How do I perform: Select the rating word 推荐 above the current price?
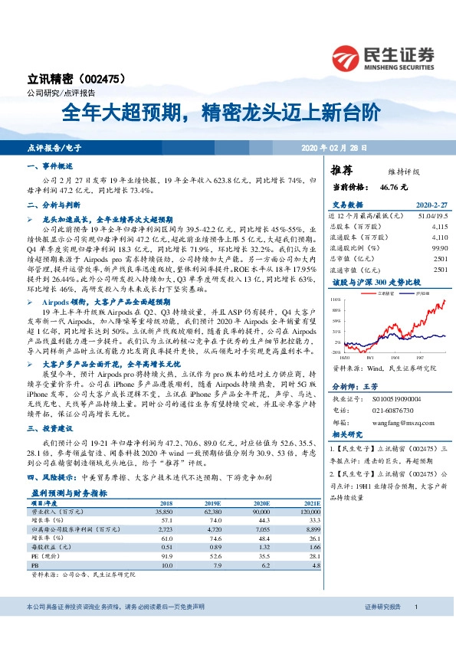[x=342, y=170]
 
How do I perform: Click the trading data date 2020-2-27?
[x=431, y=205]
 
